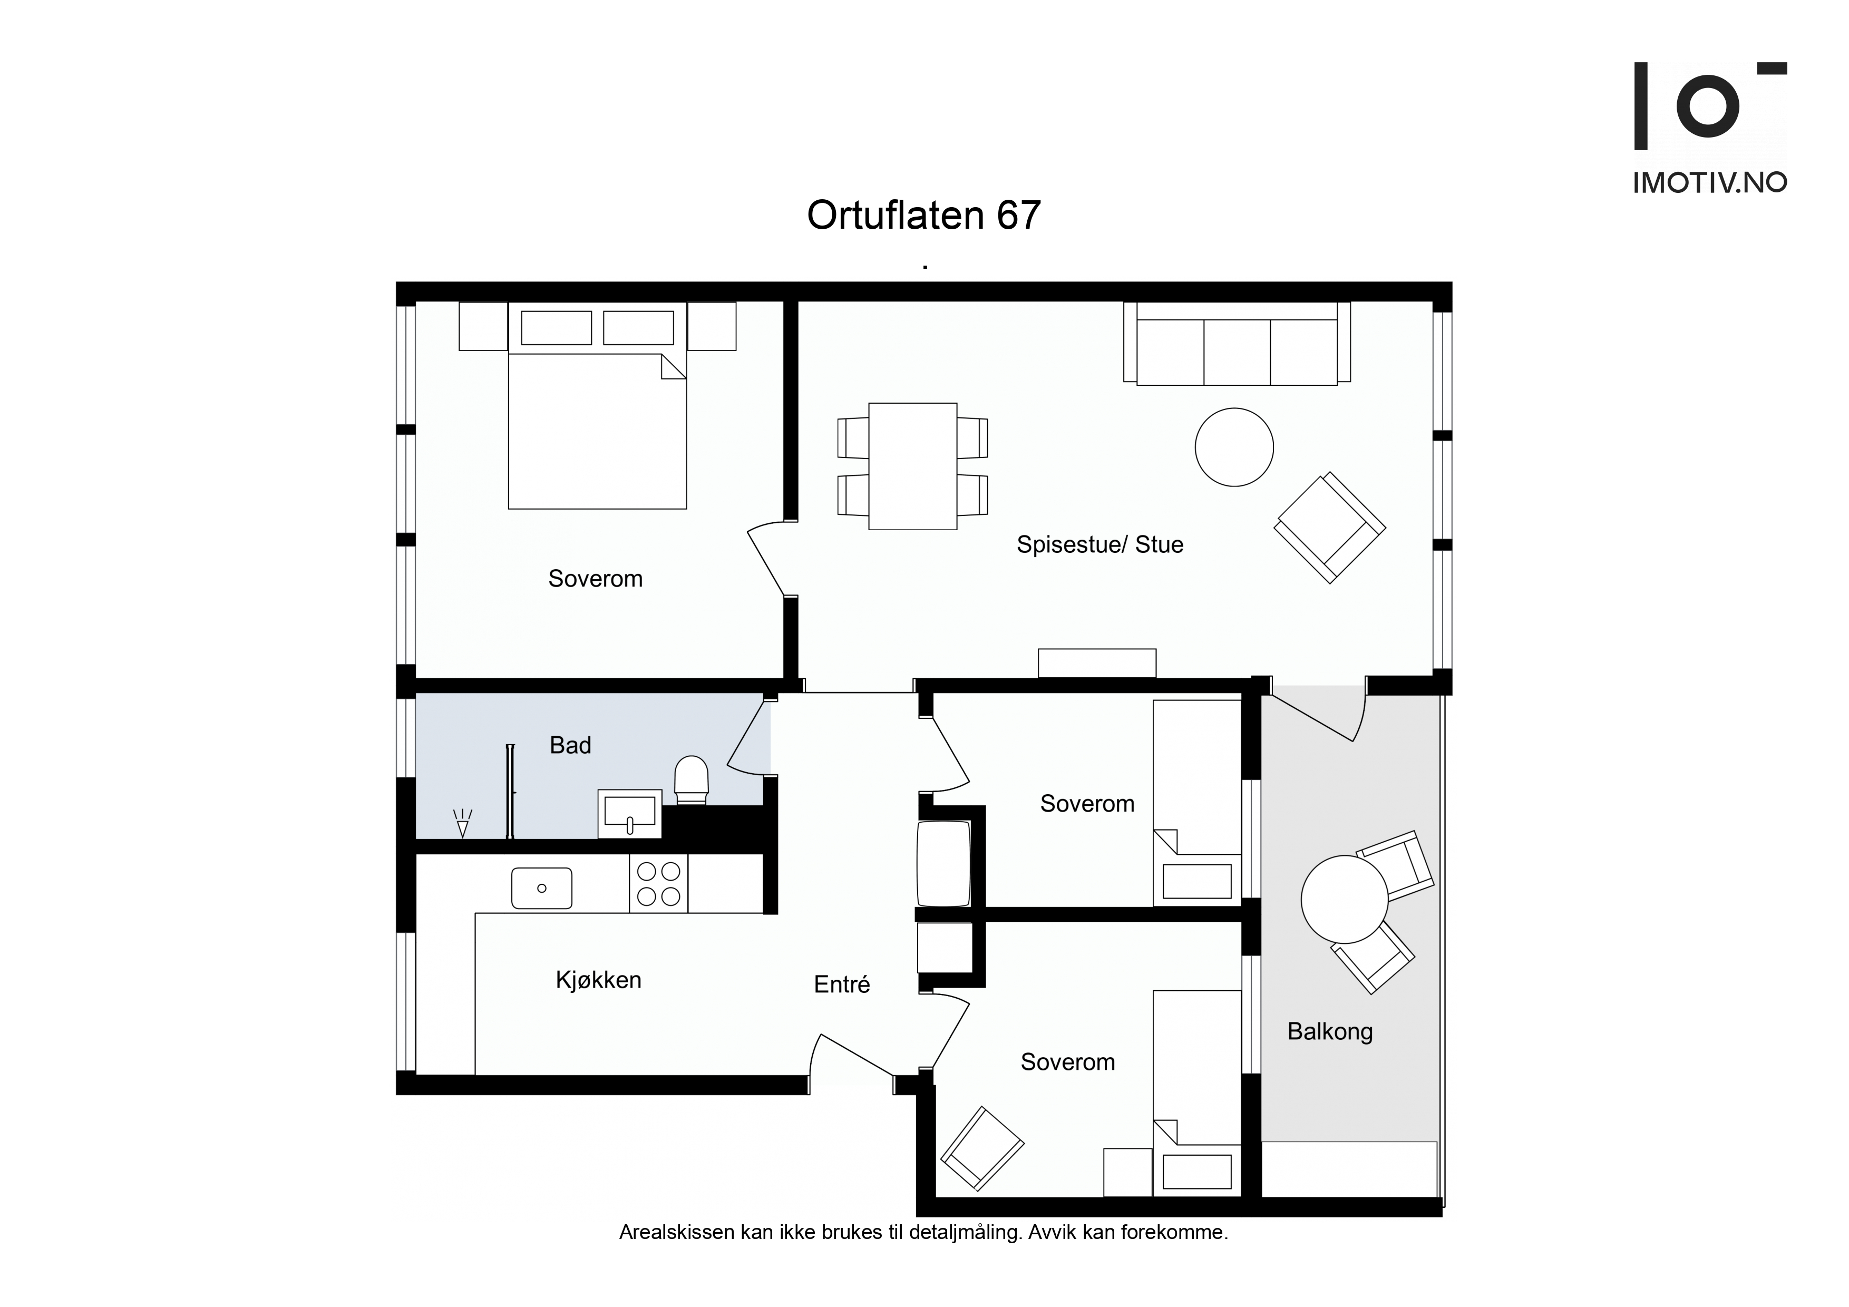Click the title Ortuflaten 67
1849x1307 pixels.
tap(923, 215)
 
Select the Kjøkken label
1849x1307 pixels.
tap(598, 980)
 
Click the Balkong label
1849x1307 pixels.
tap(1330, 1031)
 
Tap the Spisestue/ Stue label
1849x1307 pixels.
tap(1099, 544)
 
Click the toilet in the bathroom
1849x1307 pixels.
tap(691, 779)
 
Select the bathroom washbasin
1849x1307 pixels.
tap(630, 813)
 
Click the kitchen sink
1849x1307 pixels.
tap(542, 888)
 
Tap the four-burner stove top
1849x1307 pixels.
tap(659, 883)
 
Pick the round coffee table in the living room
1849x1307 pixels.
tap(1234, 447)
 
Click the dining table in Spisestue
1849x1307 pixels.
tap(912, 466)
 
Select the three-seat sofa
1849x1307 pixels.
tap(1237, 344)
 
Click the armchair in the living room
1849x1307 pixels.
tap(1330, 528)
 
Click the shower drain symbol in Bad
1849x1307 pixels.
tap(462, 823)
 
